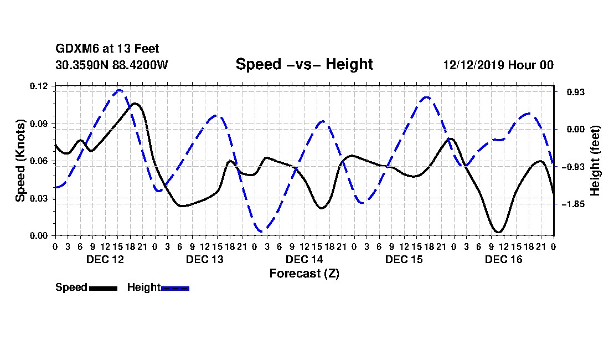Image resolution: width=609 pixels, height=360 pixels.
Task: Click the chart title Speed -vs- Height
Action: pyautogui.click(x=304, y=64)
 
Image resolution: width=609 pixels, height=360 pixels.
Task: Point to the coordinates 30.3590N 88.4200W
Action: pyautogui.click(x=112, y=65)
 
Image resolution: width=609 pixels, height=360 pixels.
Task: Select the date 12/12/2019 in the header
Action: pyautogui.click(x=474, y=65)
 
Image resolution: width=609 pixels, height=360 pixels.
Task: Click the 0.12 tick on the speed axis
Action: pyautogui.click(x=38, y=86)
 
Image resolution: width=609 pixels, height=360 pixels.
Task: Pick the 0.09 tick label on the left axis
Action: pyautogui.click(x=38, y=124)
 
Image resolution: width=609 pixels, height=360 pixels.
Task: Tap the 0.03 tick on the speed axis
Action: pyautogui.click(x=38, y=198)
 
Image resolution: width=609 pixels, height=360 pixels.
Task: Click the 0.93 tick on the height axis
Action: pyautogui.click(x=576, y=92)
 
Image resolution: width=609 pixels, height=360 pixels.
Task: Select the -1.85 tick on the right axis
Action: pyautogui.click(x=573, y=204)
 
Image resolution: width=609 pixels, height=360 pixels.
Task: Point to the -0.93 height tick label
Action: pyautogui.click(x=573, y=167)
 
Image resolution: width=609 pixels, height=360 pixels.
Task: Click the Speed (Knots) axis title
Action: pyautogui.click(x=20, y=161)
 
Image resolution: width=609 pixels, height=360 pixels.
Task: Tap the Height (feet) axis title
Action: pyautogui.click(x=595, y=161)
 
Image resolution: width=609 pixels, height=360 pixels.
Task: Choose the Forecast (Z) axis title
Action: pyautogui.click(x=304, y=274)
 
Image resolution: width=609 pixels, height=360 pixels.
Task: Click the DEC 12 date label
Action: pyautogui.click(x=105, y=259)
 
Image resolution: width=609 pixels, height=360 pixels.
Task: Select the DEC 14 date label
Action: pyautogui.click(x=304, y=259)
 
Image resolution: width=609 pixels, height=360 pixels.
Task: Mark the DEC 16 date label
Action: pyautogui.click(x=504, y=259)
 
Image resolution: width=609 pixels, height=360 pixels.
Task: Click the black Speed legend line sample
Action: pyautogui.click(x=104, y=288)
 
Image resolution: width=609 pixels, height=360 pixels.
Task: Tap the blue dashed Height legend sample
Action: pyautogui.click(x=175, y=288)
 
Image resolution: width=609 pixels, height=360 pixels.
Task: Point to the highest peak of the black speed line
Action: pyautogui.click(x=135, y=104)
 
